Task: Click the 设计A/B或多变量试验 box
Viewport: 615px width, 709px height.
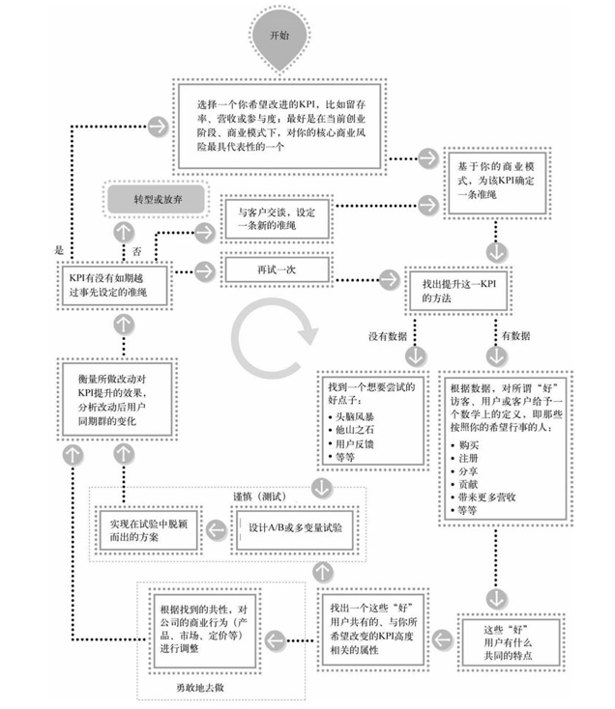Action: tap(296, 530)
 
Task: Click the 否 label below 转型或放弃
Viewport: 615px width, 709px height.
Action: tap(136, 248)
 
